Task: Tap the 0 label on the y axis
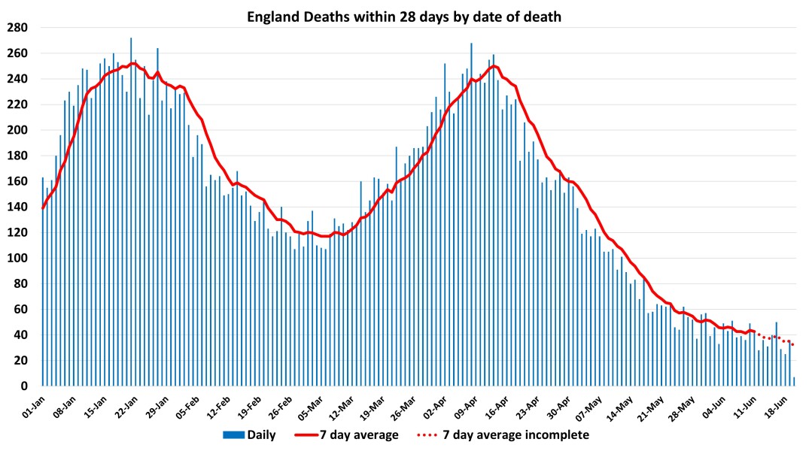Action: tap(24, 386)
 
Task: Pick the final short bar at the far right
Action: tap(794, 382)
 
